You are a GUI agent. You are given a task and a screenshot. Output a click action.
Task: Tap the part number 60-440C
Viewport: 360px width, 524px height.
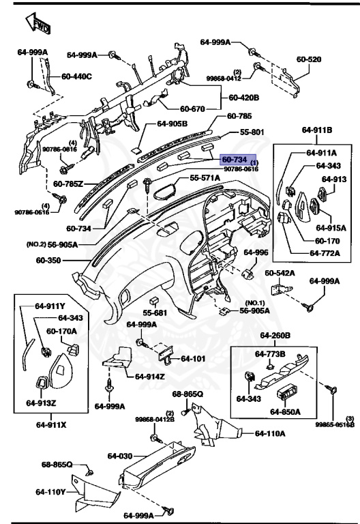point(76,76)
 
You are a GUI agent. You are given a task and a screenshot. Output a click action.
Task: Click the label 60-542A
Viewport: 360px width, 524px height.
point(280,273)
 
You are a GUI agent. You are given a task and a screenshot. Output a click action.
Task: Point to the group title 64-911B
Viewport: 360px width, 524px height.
point(317,129)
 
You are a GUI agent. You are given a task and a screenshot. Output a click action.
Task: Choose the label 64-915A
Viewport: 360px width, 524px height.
point(332,227)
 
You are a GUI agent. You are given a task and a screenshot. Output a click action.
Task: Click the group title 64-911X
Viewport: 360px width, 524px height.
point(50,424)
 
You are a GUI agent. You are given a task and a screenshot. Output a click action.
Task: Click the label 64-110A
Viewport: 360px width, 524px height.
point(271,433)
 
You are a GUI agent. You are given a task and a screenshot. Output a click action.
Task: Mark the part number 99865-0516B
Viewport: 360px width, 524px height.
point(334,424)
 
